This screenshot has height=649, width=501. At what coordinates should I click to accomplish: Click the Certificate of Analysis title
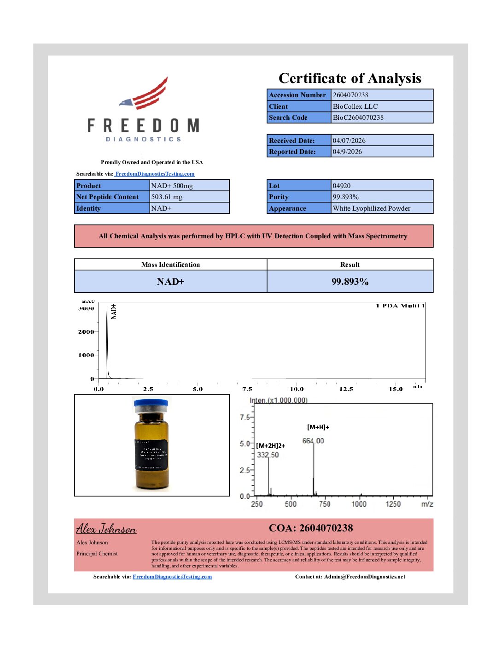(350, 78)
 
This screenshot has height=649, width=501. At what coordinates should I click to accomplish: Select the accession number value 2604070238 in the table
(350, 95)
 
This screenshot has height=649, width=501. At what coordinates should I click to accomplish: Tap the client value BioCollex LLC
(355, 106)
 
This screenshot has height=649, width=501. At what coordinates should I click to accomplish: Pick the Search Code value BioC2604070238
(358, 118)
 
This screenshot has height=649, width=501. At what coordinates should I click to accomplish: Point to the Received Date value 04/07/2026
(349, 141)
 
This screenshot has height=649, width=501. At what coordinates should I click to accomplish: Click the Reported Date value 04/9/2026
(347, 152)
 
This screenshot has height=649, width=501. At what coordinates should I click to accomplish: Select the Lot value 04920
(342, 186)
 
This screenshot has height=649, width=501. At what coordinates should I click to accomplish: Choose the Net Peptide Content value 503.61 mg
(167, 197)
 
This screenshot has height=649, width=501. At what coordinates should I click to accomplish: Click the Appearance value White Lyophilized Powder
(371, 208)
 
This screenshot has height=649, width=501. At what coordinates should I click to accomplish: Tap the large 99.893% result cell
(350, 282)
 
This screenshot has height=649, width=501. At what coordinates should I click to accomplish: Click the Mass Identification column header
(170, 265)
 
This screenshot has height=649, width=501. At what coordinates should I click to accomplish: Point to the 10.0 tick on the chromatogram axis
(297, 389)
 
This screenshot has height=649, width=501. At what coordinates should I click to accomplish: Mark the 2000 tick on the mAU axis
(86, 332)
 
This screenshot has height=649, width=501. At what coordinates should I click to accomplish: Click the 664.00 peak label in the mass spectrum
(313, 441)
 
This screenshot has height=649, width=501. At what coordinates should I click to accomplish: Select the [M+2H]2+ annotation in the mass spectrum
(271, 446)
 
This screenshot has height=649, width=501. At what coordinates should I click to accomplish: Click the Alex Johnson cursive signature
(106, 529)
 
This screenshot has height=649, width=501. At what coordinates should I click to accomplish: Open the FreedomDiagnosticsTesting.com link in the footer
(172, 577)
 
